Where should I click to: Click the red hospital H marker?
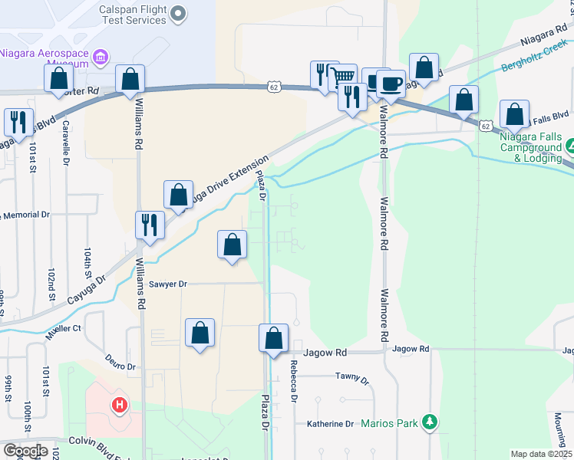coord(119,404)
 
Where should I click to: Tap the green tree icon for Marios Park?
coord(430,422)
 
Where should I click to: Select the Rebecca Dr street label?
coord(292,381)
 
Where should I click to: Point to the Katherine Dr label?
coord(330,423)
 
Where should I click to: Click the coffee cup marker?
coord(391,84)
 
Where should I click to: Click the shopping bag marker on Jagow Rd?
coord(273,339)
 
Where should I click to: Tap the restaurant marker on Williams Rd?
coord(149,225)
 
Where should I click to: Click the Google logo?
coord(25,451)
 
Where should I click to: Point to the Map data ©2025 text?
coord(540,454)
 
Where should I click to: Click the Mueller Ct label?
coord(63,329)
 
